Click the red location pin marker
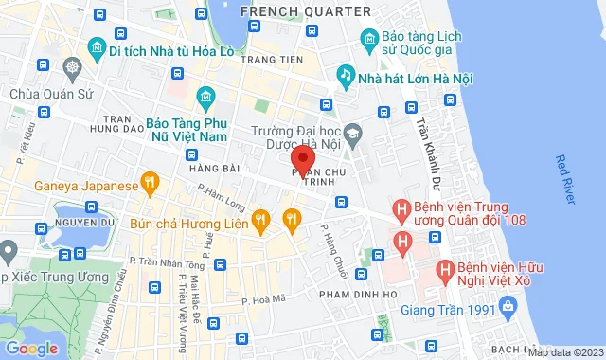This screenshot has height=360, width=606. coord(302,159)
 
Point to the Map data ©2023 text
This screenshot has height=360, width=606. coord(563,352)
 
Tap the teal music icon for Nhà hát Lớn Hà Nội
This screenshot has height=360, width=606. coord(348,73)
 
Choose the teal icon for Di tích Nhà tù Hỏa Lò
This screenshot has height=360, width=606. coord(96,46)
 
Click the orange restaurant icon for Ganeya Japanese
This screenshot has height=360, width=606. coord(149,182)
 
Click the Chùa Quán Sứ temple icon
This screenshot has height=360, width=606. coord(72,68)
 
